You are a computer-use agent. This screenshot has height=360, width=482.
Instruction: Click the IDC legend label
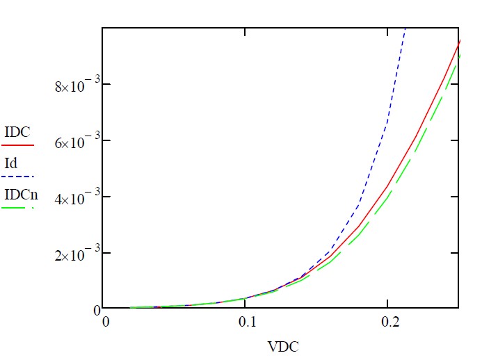pos(16,131)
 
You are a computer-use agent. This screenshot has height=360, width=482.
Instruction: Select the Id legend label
pos(10,164)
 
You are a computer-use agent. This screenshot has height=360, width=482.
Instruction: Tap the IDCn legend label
pos(20,194)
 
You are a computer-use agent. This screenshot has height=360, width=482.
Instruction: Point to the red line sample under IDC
pos(18,145)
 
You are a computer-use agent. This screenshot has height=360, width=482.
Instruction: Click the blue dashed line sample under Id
pos(18,177)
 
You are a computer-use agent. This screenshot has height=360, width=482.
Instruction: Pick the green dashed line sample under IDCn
pos(18,207)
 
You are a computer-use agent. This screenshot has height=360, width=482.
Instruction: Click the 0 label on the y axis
pos(96,309)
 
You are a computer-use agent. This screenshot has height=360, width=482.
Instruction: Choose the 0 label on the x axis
pos(106,323)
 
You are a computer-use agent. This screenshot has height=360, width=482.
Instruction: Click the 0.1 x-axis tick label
pos(245,323)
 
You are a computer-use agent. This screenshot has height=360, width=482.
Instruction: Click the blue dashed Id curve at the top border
pos(405,29)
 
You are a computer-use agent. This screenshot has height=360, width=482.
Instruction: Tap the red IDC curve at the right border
pos(458,42)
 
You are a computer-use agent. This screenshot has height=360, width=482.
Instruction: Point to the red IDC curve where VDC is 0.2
pos(387,186)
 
